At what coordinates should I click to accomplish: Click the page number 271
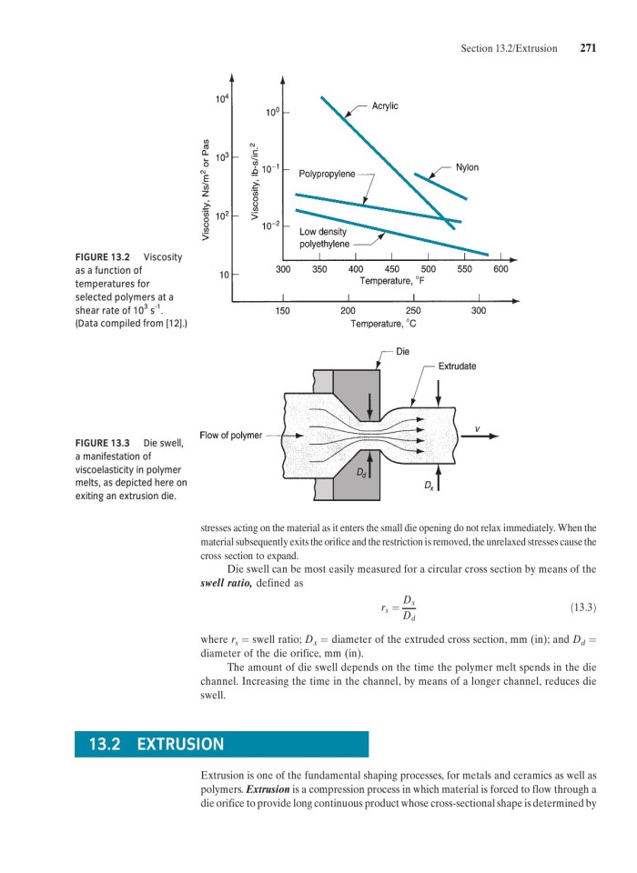click(587, 48)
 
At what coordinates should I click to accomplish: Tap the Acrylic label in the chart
click(385, 106)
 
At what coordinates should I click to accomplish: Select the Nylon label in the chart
click(467, 167)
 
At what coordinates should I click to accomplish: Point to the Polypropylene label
click(327, 174)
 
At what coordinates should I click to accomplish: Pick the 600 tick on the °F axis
click(501, 269)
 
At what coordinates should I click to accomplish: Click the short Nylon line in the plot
click(440, 186)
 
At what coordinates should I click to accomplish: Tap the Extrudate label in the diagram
click(457, 366)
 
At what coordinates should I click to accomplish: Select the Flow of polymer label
click(230, 436)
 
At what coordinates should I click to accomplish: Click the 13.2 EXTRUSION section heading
click(156, 745)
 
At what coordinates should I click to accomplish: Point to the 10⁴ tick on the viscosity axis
click(222, 99)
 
